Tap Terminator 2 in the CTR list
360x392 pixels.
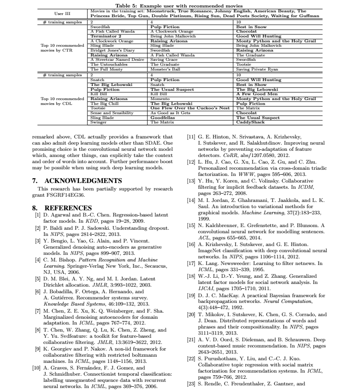click(106, 36)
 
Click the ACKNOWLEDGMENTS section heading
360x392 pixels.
click(76, 181)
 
